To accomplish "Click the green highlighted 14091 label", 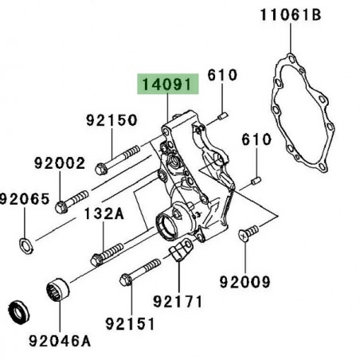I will click(166, 83).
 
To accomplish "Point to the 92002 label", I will click(59, 163).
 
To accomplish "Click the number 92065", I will click(25, 198).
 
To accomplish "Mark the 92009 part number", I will click(245, 281).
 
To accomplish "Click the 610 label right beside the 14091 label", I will click(223, 75).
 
